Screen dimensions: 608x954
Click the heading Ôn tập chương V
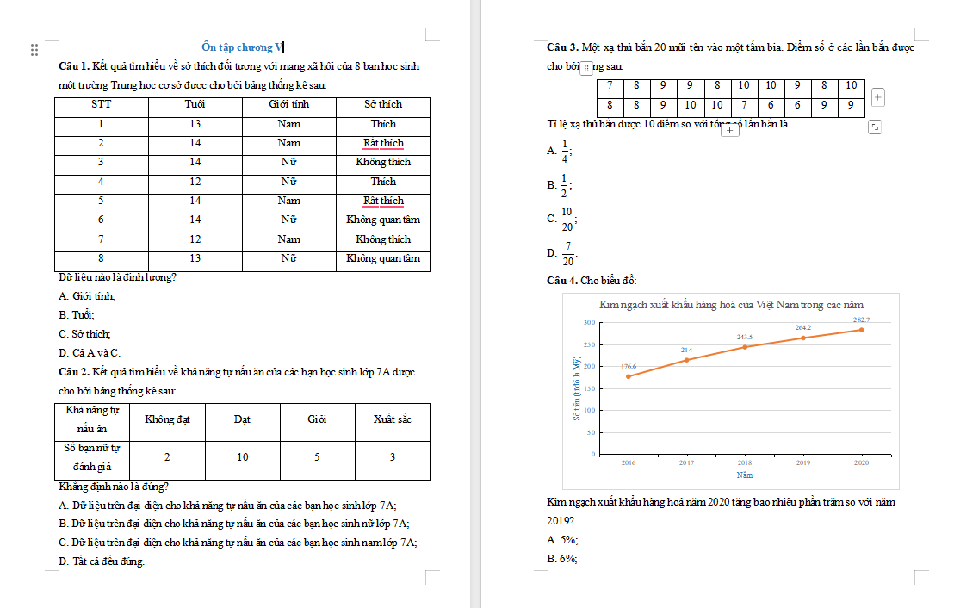(x=241, y=47)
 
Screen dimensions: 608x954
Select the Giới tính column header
(x=289, y=104)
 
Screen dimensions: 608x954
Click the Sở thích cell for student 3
(x=383, y=162)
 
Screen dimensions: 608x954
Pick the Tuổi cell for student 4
(x=195, y=182)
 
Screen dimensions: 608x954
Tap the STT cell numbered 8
(x=101, y=258)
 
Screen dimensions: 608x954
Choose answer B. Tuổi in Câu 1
(x=77, y=314)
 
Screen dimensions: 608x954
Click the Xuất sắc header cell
(x=392, y=419)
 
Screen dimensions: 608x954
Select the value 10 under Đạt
(x=243, y=457)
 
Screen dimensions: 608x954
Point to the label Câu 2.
(x=74, y=372)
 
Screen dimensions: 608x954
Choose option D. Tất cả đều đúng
(x=102, y=561)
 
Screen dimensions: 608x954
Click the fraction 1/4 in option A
(x=565, y=151)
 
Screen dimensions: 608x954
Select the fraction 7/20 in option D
(x=567, y=254)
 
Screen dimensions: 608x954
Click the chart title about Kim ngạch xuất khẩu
(x=730, y=305)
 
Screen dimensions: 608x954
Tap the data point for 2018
(x=745, y=347)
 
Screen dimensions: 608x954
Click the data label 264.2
(x=802, y=328)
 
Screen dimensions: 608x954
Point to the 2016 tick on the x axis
(x=628, y=462)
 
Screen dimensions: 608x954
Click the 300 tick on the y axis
(x=589, y=322)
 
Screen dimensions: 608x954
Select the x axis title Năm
(x=745, y=475)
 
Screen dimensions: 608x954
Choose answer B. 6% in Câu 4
(x=562, y=559)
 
